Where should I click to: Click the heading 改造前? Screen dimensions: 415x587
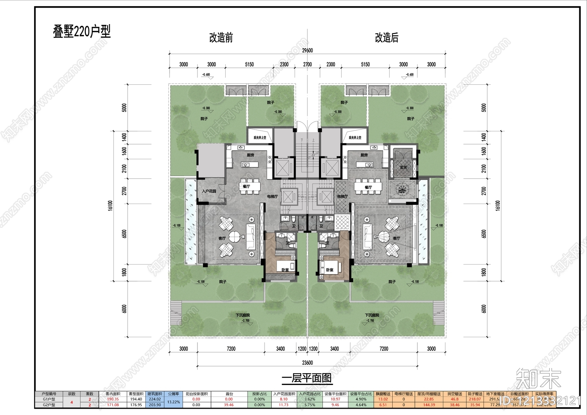221,38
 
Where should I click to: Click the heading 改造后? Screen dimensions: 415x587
386,38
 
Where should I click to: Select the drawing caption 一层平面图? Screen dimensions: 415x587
307,378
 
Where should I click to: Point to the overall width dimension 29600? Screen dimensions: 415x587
307,51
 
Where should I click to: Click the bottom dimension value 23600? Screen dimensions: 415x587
307,363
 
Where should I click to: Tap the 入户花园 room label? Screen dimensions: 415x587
209,191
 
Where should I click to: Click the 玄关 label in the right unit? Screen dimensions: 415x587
403,167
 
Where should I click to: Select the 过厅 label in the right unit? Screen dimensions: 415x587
402,191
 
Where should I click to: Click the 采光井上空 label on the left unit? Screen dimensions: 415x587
260,138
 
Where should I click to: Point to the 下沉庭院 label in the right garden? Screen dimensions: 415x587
372,315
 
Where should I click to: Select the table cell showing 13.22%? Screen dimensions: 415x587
174,402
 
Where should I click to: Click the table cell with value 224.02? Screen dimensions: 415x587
155,399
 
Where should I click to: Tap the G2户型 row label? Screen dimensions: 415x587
49,405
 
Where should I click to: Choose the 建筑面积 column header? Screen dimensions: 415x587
155,394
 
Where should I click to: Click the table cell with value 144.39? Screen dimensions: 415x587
429,405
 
